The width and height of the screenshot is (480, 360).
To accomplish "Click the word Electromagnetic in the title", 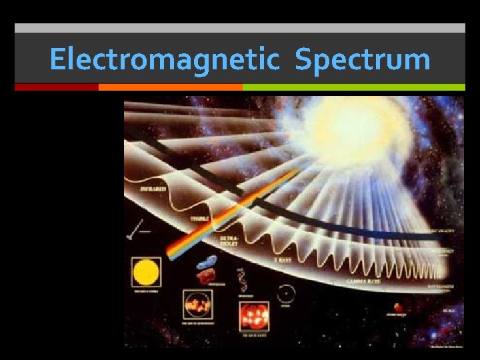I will [163, 59].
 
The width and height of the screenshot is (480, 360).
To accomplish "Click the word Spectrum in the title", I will [363, 59].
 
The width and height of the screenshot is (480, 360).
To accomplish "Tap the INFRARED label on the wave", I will [153, 189].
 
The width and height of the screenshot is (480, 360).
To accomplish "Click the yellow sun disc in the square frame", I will [146, 273].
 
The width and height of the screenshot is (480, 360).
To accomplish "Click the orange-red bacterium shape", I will [205, 275].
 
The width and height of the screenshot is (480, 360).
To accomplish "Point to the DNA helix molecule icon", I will [242, 281].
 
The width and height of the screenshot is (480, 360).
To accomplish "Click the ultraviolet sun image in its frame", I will [198, 305].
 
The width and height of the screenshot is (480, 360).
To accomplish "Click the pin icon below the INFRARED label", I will [134, 230].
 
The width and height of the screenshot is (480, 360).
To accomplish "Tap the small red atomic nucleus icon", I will [398, 308].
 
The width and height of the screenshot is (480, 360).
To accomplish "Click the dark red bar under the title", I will [56, 87].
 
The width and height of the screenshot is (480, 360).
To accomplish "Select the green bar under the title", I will [353, 87].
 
